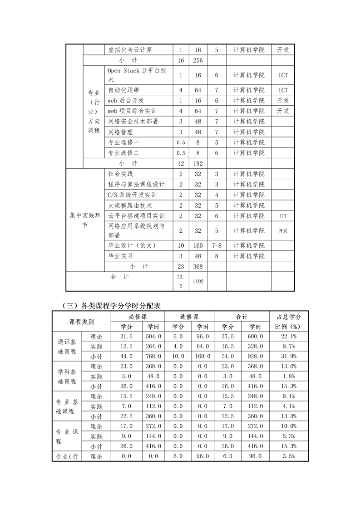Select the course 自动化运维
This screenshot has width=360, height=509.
pyautogui.click(x=124, y=90)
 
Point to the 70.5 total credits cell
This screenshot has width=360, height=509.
pyautogui.click(x=180, y=281)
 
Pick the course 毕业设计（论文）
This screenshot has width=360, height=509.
pyautogui.click(x=132, y=245)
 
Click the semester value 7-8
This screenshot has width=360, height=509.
pyautogui.click(x=217, y=245)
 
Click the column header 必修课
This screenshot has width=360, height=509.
pyautogui.click(x=138, y=317)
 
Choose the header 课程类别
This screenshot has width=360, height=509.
pyautogui.click(x=82, y=322)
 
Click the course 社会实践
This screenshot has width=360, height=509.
pyautogui.click(x=121, y=174)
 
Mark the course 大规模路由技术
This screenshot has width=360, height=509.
pyautogui.click(x=130, y=205)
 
